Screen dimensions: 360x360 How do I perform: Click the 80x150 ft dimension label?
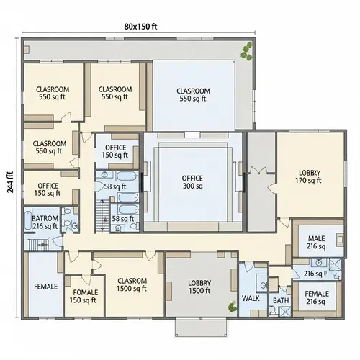(x=140, y=27)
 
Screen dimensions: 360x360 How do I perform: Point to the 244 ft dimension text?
(x=10, y=184)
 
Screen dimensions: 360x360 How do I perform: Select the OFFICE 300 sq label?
(x=192, y=181)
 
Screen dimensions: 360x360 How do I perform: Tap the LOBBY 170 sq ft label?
(x=310, y=176)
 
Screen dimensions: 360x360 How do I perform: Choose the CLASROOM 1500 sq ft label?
(x=132, y=284)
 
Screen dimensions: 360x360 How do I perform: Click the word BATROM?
(x=44, y=217)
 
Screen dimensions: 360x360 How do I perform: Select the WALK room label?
(x=251, y=298)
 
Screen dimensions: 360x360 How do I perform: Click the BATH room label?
(x=280, y=300)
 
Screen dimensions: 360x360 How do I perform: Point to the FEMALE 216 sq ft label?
(x=317, y=297)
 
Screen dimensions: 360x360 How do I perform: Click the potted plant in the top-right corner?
(x=247, y=50)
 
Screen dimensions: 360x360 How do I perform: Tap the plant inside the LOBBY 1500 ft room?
(x=231, y=306)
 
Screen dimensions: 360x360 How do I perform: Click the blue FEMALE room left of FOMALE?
(x=45, y=287)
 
